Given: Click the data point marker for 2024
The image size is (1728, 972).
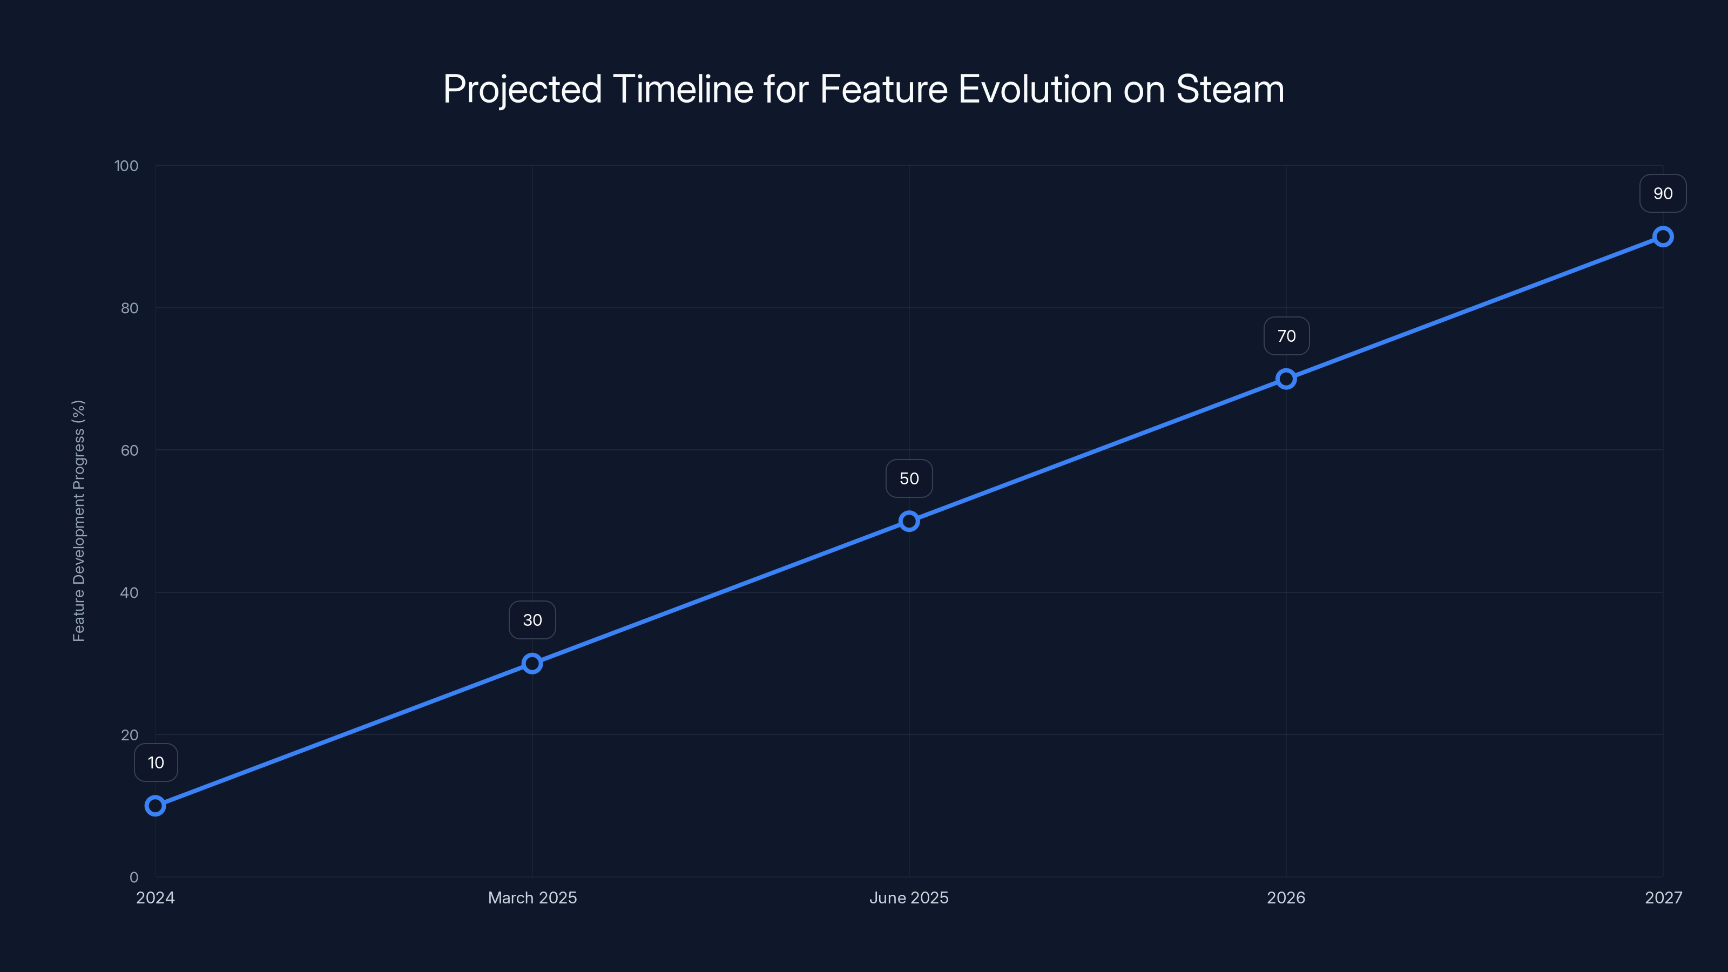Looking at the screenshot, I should click(156, 805).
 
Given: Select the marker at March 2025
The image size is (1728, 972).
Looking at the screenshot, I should click(532, 664).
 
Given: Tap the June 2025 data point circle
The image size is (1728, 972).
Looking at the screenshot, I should click(909, 521).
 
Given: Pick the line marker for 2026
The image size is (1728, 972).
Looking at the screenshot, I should click(1286, 379).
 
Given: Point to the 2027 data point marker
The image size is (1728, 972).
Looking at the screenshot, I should click(1663, 237).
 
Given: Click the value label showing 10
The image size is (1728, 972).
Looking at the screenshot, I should click(156, 762).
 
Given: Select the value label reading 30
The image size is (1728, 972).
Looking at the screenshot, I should click(532, 620).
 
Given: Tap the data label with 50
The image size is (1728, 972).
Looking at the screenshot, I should click(909, 478).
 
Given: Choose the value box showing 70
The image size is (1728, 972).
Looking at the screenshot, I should click(1286, 336).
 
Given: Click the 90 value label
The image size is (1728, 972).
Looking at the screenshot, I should click(1663, 194).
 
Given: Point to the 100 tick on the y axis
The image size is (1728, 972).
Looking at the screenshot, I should click(126, 166).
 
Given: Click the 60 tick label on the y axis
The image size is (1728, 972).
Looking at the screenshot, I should click(130, 450).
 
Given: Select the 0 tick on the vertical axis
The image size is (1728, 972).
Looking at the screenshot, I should click(134, 877).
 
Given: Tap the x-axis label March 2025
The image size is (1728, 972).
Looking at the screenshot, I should click(532, 897).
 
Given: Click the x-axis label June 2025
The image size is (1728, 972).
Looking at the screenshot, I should click(909, 897).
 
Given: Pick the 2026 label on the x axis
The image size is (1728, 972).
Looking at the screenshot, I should click(1286, 897).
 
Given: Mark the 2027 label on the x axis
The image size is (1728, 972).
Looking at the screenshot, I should click(1663, 897).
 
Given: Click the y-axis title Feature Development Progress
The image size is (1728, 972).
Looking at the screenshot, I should click(78, 521).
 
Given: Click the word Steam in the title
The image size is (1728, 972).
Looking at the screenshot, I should click(1230, 89).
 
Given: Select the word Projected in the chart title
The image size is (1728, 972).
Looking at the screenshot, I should click(523, 89).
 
